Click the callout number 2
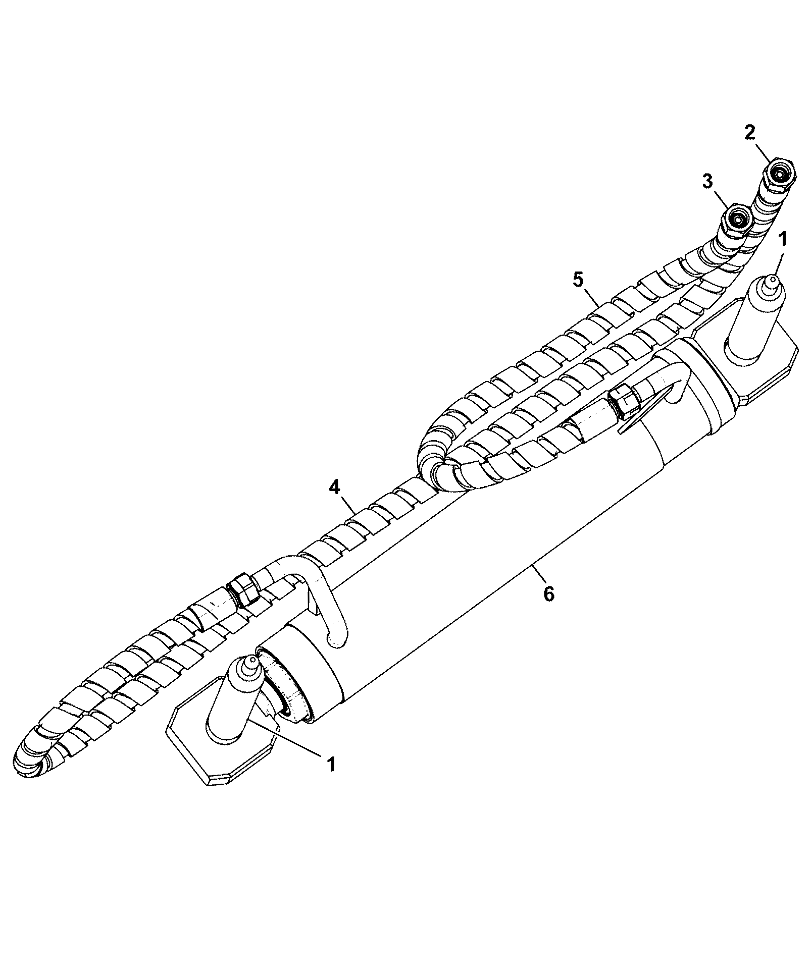pos(750,133)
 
